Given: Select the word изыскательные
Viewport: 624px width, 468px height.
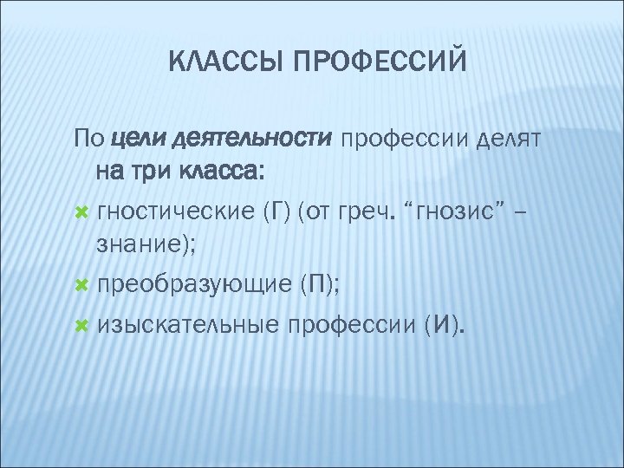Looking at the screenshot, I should pos(188,325).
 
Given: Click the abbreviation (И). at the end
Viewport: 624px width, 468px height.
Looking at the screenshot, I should pos(444,325).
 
